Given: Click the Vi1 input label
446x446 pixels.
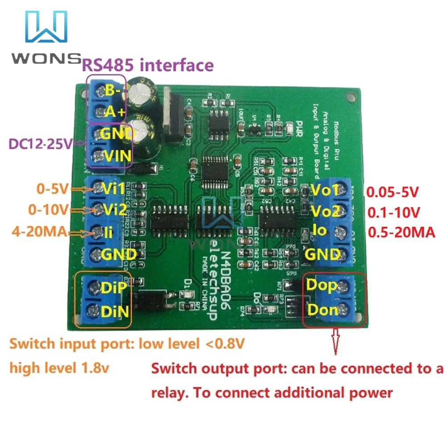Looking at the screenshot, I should click(x=113, y=189).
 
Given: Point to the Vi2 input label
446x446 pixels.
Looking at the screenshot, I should click(x=114, y=209).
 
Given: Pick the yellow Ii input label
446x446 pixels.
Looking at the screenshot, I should click(x=108, y=231).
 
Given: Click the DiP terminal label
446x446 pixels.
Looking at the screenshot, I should click(x=114, y=288).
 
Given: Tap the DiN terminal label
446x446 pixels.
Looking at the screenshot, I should click(x=115, y=310).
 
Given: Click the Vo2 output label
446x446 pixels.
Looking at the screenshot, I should click(x=325, y=210).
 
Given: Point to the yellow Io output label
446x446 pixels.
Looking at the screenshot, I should click(x=320, y=231).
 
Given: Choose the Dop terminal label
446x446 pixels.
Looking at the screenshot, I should click(x=322, y=285).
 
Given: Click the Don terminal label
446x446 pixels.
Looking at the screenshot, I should click(x=322, y=309).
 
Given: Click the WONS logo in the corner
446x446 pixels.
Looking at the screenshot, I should click(x=45, y=38).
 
